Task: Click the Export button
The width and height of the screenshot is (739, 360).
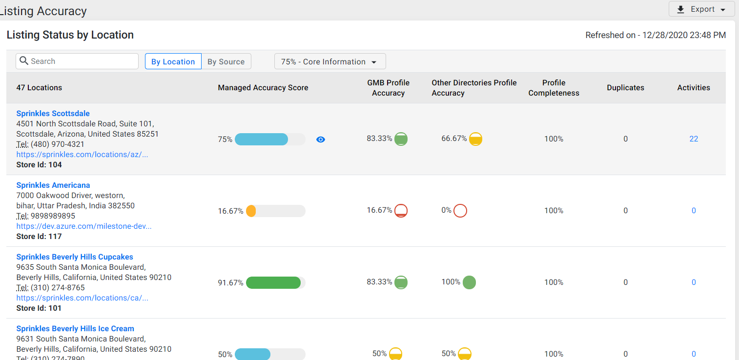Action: (x=701, y=9)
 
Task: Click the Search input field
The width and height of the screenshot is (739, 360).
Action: (x=77, y=61)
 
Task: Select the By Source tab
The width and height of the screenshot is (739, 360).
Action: (x=226, y=61)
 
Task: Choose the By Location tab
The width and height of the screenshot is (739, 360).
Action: (x=173, y=61)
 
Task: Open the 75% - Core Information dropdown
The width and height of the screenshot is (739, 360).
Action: (x=330, y=61)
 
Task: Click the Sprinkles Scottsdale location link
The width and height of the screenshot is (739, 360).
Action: (x=53, y=113)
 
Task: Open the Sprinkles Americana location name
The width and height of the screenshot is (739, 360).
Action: (x=53, y=185)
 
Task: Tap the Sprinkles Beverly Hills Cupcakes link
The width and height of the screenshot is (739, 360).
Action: (x=75, y=257)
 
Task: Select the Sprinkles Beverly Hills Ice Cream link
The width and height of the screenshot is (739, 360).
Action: (x=75, y=329)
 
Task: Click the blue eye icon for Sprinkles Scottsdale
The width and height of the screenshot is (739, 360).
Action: (x=321, y=140)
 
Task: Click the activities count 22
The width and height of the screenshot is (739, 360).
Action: (x=694, y=139)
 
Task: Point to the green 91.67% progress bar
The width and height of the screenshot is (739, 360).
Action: (x=273, y=282)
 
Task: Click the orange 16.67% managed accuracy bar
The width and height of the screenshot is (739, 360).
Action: (x=251, y=211)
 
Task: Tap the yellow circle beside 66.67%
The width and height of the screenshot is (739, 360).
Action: (x=476, y=139)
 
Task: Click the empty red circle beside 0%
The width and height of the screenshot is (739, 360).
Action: (x=460, y=211)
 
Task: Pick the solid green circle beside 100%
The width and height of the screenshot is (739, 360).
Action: (x=470, y=282)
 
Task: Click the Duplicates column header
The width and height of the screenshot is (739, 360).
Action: (x=625, y=88)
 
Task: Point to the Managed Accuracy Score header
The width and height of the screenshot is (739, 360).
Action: (x=263, y=88)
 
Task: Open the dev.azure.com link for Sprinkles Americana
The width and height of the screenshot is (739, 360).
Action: (x=84, y=226)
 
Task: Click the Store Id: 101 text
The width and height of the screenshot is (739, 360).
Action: (x=39, y=308)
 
